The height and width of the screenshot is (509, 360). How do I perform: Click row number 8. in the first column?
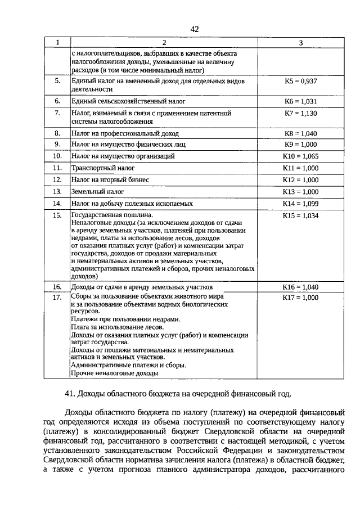[57, 133]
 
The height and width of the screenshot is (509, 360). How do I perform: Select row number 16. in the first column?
[57, 287]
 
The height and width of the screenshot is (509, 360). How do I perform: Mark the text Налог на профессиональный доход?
[125, 134]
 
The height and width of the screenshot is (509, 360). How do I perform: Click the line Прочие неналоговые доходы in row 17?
[114, 372]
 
